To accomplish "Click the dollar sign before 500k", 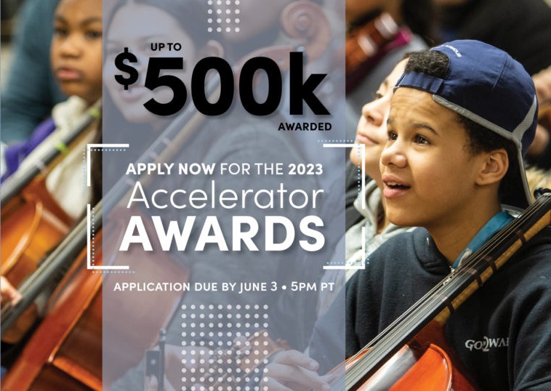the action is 126,68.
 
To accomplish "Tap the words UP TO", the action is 166,47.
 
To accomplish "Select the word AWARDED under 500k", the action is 305,126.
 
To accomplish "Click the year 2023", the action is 305,169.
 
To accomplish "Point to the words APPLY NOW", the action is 170,169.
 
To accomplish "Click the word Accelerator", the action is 225,198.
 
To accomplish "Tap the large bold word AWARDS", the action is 222,233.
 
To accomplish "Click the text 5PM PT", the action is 313,287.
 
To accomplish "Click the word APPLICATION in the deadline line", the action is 152,287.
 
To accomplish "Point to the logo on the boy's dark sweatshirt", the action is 486,344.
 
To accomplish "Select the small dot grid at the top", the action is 223,16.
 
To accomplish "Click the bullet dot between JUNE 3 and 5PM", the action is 284,287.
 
